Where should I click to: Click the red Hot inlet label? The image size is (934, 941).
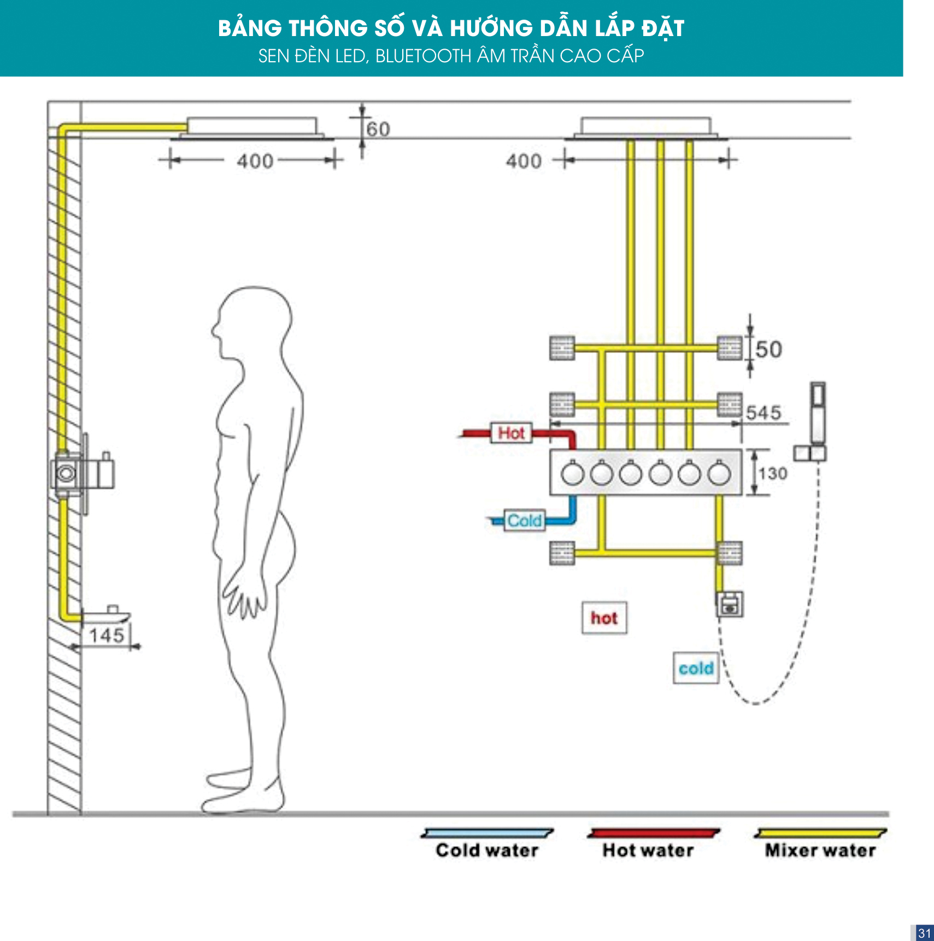pos(512,433)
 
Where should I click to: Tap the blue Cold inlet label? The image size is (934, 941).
pos(525,521)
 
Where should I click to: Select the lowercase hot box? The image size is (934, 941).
pos(604,618)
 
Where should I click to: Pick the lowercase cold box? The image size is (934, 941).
pos(696,668)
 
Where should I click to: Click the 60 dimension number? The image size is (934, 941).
pos(378,130)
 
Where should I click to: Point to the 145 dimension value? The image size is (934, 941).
pos(107,635)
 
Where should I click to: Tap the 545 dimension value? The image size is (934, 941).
pos(764,413)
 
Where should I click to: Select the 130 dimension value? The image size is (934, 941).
pos(773,473)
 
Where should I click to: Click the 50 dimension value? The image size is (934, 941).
pos(769,349)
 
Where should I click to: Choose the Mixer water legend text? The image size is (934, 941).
pos(820,850)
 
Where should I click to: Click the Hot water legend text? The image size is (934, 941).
pos(648,850)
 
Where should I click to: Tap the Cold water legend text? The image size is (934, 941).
pos(487,850)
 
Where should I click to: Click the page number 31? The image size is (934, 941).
pos(924,933)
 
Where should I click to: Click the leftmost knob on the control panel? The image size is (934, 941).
pos(572,473)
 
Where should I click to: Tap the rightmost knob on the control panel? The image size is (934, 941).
pos(719,473)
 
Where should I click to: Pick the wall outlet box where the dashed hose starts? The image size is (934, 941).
pos(730,604)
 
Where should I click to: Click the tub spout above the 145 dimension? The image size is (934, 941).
pos(106,615)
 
